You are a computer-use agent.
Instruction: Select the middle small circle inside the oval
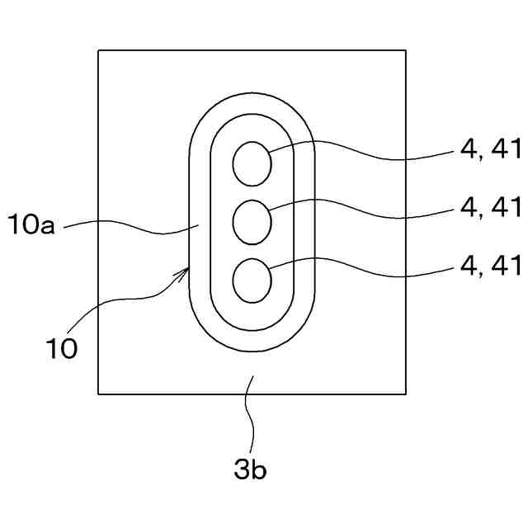252,221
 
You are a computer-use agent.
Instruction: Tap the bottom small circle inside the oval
252,280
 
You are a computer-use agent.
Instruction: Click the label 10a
31,224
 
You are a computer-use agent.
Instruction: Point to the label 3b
250,470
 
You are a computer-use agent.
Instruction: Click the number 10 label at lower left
61,348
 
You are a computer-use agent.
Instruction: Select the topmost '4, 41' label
490,149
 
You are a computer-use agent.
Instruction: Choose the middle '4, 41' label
490,208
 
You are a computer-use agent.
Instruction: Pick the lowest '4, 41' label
490,266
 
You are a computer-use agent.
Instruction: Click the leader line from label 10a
132,227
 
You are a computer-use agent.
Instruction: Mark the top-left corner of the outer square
99,51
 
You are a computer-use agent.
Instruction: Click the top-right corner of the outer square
405,51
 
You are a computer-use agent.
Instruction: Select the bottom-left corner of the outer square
99,394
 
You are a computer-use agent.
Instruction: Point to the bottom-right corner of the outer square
405,394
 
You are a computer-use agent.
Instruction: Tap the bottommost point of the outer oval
252,352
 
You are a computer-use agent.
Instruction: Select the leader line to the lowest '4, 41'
371,273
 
